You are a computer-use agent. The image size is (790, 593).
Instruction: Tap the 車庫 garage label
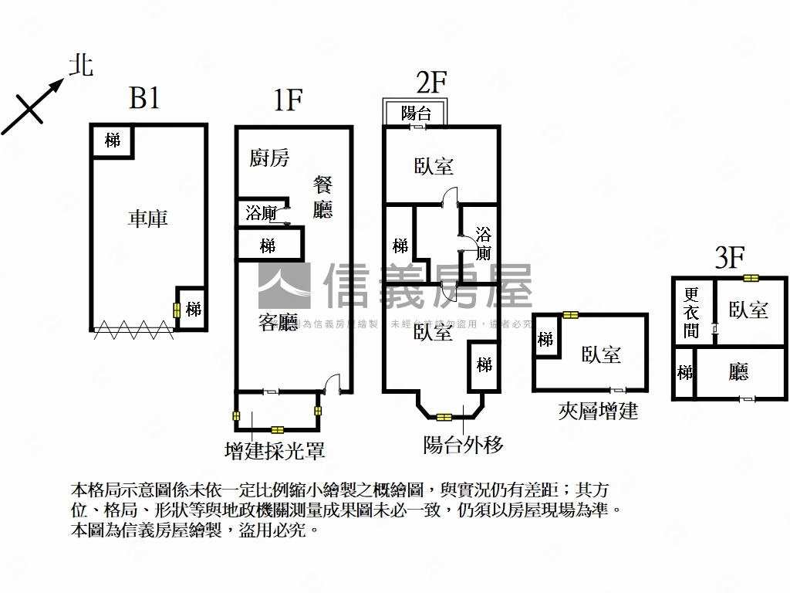tap(147, 219)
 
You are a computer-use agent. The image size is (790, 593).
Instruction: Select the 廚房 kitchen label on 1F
tap(269, 158)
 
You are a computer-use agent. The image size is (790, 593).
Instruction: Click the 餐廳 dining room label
tap(322, 197)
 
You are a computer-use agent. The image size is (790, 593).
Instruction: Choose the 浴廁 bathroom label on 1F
tap(261, 213)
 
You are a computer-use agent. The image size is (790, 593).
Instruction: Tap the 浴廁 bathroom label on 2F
tap(484, 243)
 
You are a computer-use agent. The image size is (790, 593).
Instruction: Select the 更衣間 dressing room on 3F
tap(691, 313)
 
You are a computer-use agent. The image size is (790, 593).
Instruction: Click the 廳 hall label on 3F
tap(738, 373)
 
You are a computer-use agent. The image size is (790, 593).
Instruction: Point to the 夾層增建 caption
tap(598, 411)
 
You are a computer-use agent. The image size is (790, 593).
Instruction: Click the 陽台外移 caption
tap(463, 445)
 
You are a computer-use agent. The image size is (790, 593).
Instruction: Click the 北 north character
tap(80, 65)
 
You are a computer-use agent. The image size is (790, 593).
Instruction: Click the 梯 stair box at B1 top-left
tap(113, 141)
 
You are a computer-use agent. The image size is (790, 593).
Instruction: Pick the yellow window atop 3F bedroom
tap(750, 278)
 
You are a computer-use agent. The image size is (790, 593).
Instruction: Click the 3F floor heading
tap(728, 257)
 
